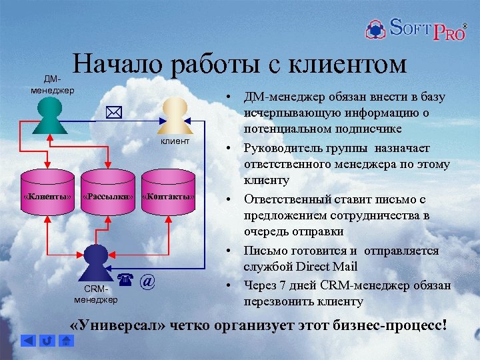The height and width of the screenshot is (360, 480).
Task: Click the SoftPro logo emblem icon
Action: [375, 29]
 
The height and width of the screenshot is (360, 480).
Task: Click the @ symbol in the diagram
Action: [148, 282]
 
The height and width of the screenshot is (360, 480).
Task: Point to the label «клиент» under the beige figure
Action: [175, 142]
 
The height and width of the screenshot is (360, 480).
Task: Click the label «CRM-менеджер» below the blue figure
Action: [95, 294]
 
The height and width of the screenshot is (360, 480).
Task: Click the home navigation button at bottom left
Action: [66, 341]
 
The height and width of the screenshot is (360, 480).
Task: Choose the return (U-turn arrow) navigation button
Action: [47, 341]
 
